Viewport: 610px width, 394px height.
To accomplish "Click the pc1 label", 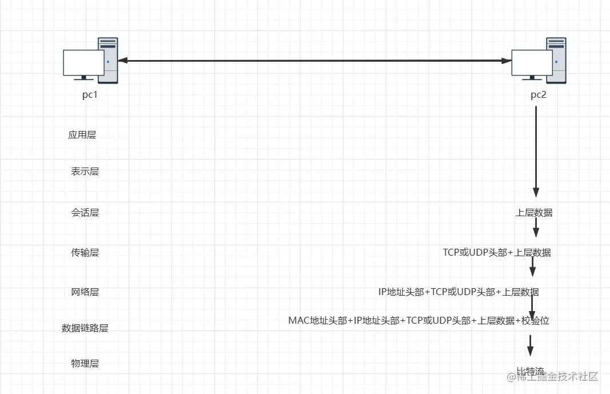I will coord(90,95).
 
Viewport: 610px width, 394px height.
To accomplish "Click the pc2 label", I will coord(538,95).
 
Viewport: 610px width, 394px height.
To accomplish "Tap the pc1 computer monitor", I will coord(83,62).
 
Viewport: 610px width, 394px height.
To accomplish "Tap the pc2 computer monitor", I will coord(531,62).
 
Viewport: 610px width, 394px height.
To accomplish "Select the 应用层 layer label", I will coord(82,135).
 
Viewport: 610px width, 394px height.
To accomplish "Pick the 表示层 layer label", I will coord(85,172).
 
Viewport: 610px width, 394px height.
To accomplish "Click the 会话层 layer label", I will coord(85,213).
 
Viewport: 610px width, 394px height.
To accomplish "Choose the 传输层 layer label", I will coord(85,252).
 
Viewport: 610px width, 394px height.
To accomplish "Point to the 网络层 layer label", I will coord(85,292).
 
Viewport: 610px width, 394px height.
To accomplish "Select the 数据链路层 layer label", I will coord(85,328).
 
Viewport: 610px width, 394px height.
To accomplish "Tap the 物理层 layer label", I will coord(85,364).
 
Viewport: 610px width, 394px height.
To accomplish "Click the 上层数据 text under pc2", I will coord(534,213).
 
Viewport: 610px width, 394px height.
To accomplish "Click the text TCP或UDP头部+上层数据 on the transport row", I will coord(496,252).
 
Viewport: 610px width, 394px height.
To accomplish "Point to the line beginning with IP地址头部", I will coord(458,292).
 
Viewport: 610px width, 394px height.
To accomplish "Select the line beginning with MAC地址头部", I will coord(419,321).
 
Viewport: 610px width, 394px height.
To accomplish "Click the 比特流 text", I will coord(530,372).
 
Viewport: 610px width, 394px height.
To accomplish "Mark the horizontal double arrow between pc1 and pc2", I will coord(314,60).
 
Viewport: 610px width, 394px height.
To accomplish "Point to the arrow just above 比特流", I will coord(530,345).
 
